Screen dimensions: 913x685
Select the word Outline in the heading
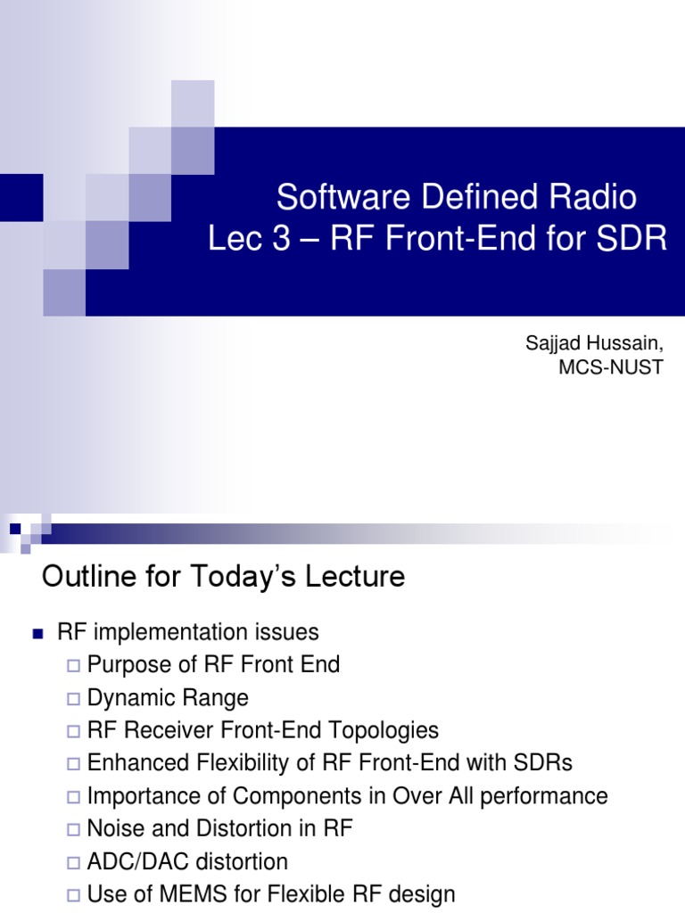point(83,577)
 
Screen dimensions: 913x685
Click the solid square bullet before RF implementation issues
point(37,634)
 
